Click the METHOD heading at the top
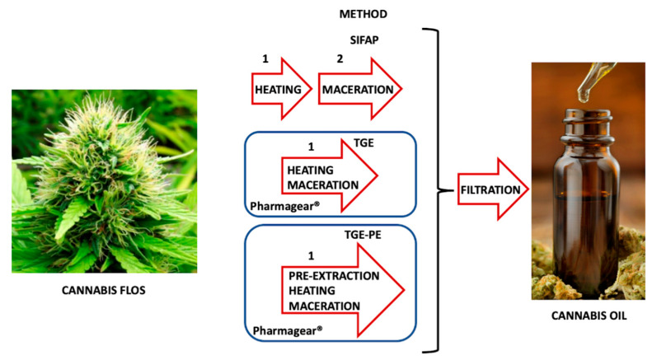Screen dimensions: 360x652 (364, 14)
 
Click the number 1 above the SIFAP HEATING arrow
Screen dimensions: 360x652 (265, 59)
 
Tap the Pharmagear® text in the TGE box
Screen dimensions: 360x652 (278, 202)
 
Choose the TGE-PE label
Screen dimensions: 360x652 (365, 234)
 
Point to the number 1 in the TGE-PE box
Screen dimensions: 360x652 (310, 255)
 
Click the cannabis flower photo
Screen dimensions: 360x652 (104, 180)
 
